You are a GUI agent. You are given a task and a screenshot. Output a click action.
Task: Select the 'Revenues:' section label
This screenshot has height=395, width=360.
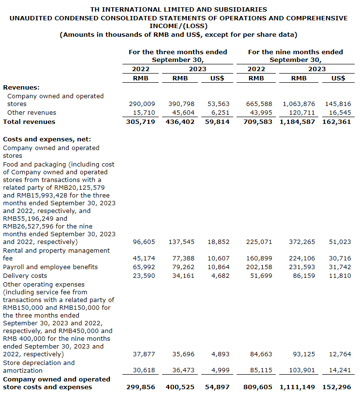coord(21,87)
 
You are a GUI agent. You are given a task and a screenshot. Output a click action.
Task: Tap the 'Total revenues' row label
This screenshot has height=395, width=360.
coord(29,122)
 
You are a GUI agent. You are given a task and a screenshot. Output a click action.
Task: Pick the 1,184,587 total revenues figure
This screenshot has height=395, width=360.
coord(297,122)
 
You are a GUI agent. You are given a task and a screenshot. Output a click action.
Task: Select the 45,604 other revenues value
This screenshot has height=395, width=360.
coord(182,112)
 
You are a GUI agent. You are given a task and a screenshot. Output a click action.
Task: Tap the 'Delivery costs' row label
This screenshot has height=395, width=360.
coord(25,275)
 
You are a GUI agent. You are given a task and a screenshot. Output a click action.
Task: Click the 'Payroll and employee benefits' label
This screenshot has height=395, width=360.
coord(50,267)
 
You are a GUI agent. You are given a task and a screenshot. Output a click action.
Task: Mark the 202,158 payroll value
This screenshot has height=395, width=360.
coord(260,267)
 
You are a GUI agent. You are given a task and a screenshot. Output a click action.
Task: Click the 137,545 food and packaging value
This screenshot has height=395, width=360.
coord(182,242)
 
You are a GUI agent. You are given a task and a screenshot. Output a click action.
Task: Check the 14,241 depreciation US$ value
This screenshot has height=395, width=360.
coord(340,370)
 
